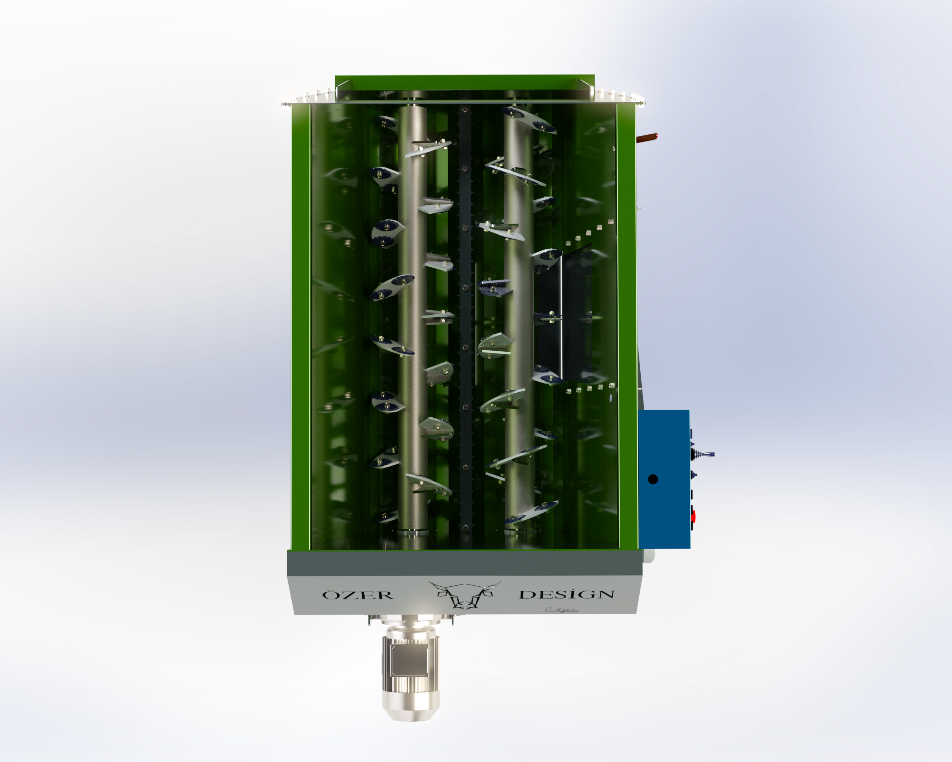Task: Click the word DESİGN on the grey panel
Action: coord(567,594)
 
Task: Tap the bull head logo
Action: coord(464,594)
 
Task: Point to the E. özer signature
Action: coord(560,610)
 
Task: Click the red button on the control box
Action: coord(693,515)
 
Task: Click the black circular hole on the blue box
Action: coord(653,479)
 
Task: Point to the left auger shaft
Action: coord(413,318)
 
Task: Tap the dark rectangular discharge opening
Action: coord(563,314)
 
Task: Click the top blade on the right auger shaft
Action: coord(530,119)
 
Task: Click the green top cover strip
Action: coord(464,82)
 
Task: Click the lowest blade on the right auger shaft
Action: coord(532,513)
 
